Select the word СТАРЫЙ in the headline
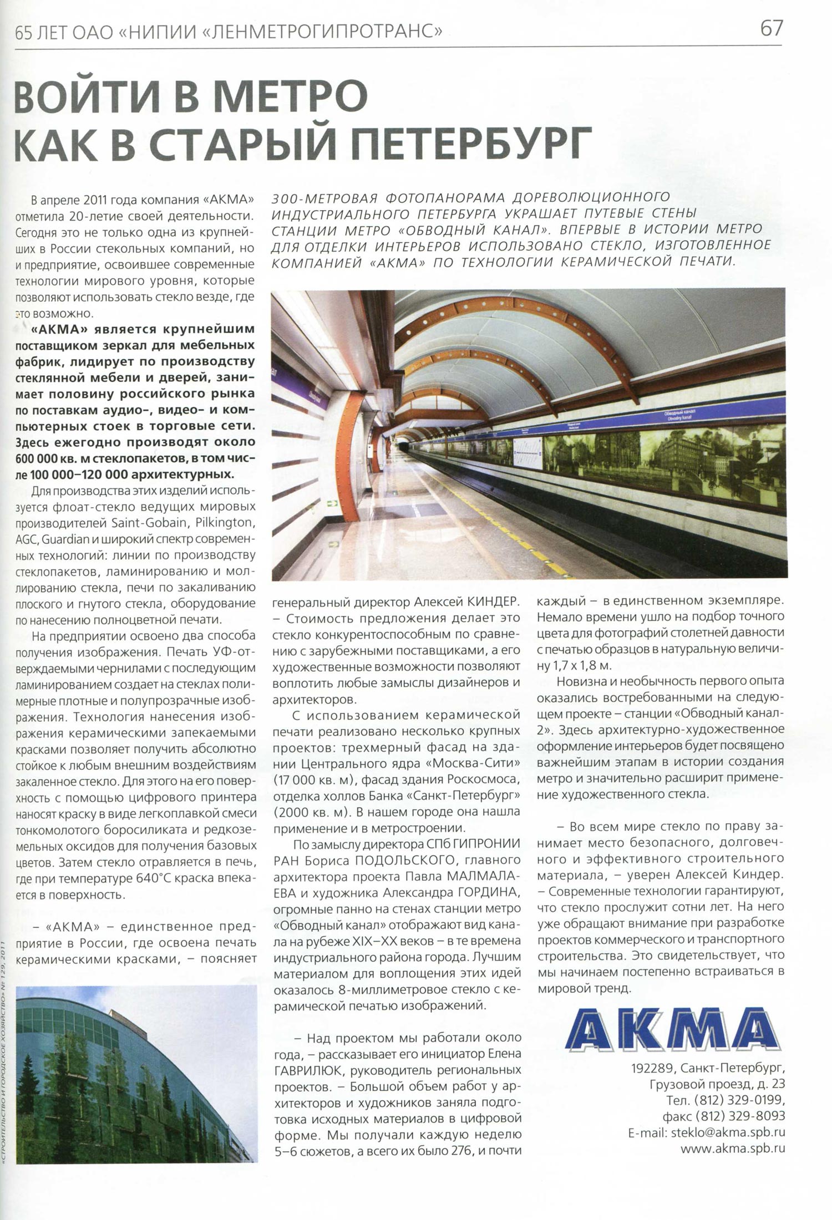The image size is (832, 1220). click(x=243, y=142)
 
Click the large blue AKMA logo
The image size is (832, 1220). click(x=672, y=1029)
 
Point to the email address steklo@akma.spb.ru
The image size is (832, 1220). click(x=728, y=1117)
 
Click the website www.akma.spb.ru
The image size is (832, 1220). click(x=733, y=1134)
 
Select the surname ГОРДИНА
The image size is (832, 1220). click(x=488, y=892)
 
